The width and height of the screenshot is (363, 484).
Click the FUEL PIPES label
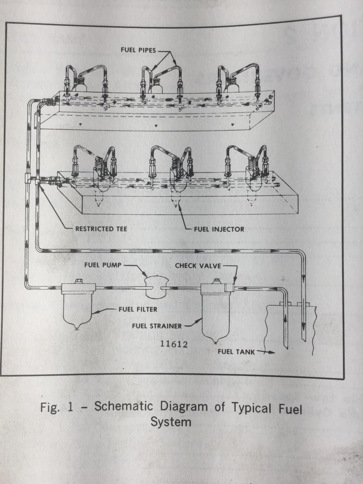tap(138, 50)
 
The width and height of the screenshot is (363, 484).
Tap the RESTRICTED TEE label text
tap(101, 229)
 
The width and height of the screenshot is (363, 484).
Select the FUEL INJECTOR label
tap(219, 229)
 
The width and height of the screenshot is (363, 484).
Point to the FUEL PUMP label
tap(102, 265)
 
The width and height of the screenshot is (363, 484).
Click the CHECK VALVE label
tap(198, 266)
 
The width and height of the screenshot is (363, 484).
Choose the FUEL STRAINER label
tap(157, 326)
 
